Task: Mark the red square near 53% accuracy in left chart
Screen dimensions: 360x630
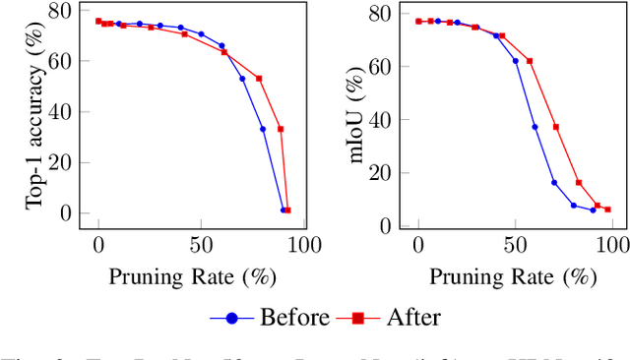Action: coord(259,79)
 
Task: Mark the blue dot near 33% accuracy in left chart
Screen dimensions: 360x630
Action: coord(263,129)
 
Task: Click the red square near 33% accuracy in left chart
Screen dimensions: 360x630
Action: coord(281,129)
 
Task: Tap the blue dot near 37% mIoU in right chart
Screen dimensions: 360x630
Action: coord(535,127)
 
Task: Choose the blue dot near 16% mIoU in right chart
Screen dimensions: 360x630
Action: coord(554,182)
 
